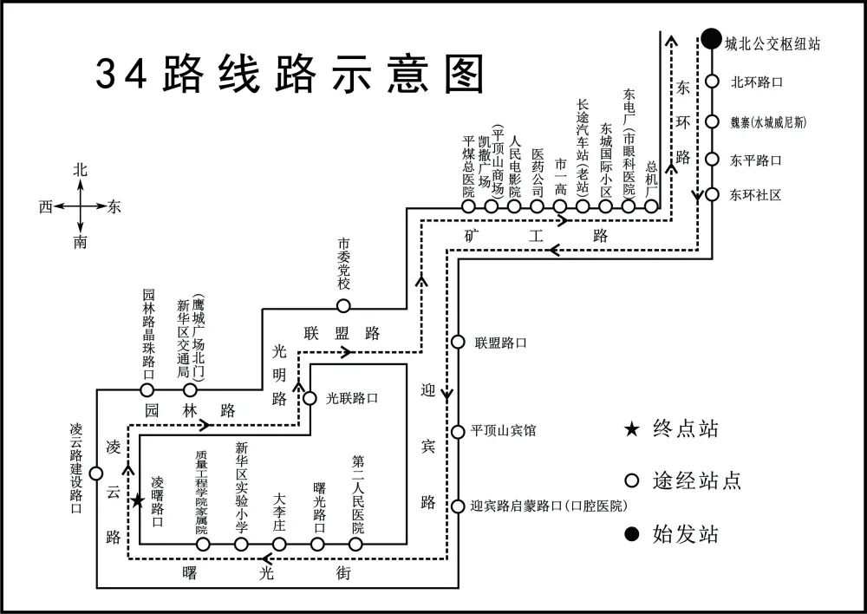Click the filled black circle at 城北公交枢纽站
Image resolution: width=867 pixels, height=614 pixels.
coord(711,39)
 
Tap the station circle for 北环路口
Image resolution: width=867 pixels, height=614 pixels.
coord(712,82)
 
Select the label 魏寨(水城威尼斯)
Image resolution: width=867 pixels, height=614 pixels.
coord(768,121)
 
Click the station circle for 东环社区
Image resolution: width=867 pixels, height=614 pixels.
coord(712,194)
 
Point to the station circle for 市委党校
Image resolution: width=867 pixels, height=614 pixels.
coord(343,305)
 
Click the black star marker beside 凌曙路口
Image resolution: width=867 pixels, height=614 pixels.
coord(137,501)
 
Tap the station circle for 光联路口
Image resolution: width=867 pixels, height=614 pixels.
coord(310,399)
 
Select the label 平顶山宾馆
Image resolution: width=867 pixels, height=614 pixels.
coord(503,431)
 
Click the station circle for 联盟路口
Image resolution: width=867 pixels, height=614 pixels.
coord(458,343)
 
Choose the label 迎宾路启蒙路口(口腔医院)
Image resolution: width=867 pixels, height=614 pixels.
coord(548,506)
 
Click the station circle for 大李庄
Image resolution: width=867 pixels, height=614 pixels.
coord(279,544)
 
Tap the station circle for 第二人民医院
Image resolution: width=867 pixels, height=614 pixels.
coord(355,544)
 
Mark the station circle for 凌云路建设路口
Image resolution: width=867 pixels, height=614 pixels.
coord(96,473)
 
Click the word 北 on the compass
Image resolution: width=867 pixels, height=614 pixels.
coord(81,171)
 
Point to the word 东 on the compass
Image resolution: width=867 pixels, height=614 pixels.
coord(114,206)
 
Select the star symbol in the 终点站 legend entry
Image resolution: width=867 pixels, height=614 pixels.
coord(632,428)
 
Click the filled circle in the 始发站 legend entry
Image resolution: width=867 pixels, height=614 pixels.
coord(632,532)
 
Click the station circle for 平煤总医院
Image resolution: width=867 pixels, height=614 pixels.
coord(468,206)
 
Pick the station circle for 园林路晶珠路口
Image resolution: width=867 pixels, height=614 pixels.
coord(147,389)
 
